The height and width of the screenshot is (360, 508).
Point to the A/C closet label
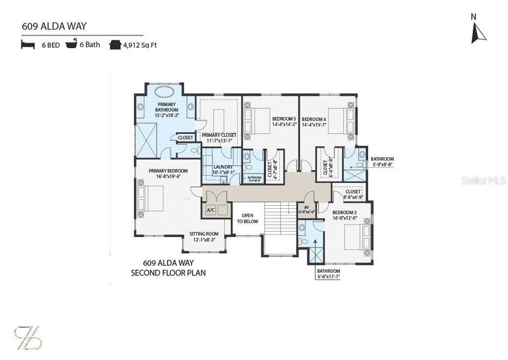click(211, 211)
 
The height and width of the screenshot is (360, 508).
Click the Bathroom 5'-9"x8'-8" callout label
click(382, 162)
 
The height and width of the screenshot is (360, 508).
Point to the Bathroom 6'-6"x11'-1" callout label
click(328, 274)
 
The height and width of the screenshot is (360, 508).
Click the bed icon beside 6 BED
click(28, 45)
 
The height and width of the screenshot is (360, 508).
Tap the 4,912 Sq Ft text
click(140, 45)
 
